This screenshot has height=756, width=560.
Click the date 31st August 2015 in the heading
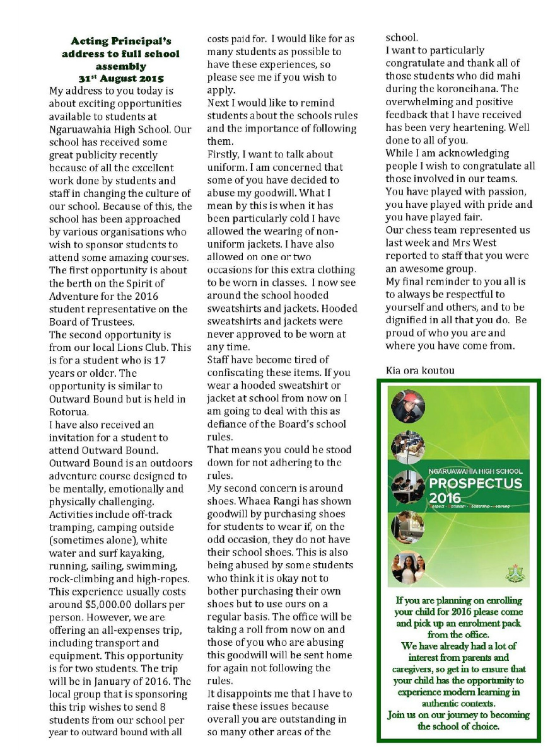pyautogui.click(x=121, y=79)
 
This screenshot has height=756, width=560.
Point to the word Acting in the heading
pyautogui.click(x=92, y=42)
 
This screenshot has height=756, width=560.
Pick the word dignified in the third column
pyautogui.click(x=409, y=320)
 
